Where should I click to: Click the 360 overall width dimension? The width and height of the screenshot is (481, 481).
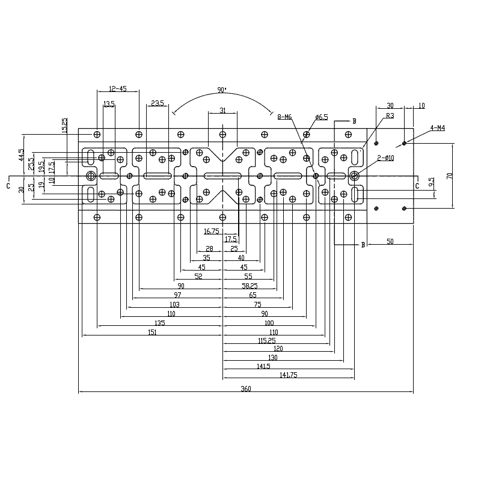[246, 388]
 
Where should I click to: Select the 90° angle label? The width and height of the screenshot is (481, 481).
[222, 90]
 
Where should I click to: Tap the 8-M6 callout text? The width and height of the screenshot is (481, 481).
[284, 117]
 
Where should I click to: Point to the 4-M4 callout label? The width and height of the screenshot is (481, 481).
[438, 128]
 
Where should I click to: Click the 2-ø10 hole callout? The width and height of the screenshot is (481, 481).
[385, 158]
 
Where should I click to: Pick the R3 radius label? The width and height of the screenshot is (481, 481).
[390, 115]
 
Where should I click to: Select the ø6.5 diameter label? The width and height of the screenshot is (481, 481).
[322, 117]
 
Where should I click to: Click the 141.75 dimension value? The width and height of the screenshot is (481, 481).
[289, 375]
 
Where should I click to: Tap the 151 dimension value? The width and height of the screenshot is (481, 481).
[152, 332]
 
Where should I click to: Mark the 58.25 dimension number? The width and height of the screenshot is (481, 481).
[250, 286]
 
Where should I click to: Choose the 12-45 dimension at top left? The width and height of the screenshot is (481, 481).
[118, 88]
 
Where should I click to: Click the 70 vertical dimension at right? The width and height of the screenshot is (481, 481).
[450, 176]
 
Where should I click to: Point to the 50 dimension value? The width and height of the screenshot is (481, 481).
[390, 242]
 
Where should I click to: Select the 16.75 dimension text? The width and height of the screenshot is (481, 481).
[212, 231]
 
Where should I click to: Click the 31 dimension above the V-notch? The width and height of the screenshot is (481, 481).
[222, 110]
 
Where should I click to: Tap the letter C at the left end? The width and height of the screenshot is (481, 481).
[8, 186]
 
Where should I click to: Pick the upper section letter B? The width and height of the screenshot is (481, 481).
[354, 121]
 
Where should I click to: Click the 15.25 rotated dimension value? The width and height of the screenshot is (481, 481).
[64, 125]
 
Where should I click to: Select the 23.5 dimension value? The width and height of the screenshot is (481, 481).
[158, 103]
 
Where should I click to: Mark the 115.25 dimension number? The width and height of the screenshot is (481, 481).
[266, 340]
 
